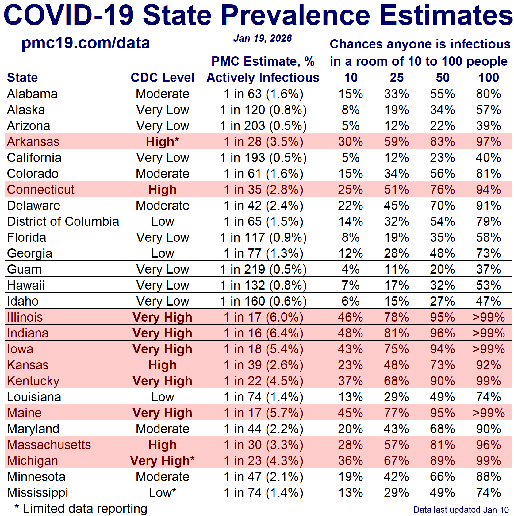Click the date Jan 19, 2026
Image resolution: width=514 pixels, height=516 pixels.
(262, 38)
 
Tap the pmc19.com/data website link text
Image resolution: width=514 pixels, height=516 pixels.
(86, 43)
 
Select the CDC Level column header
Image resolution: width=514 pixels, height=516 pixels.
(163, 78)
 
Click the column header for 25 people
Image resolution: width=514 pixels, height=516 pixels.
(397, 78)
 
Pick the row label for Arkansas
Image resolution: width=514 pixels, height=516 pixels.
(33, 142)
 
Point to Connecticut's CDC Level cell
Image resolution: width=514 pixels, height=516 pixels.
(163, 190)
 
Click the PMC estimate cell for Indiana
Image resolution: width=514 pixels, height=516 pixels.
(263, 333)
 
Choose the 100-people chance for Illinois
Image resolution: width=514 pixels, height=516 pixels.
(489, 317)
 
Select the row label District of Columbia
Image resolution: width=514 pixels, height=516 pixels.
(63, 221)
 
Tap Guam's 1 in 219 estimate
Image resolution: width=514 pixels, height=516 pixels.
(263, 269)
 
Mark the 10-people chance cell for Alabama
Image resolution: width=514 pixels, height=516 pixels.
(351, 94)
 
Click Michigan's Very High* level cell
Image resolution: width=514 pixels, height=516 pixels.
(163, 461)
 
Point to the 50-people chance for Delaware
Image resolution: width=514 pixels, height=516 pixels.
(442, 206)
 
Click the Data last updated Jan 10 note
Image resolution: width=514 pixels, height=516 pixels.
(461, 510)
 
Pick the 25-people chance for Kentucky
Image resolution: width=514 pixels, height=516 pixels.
(397, 381)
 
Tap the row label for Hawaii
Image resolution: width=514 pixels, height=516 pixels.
(26, 285)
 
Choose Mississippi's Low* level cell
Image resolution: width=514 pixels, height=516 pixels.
(163, 493)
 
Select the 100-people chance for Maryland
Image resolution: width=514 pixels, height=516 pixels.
(489, 429)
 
